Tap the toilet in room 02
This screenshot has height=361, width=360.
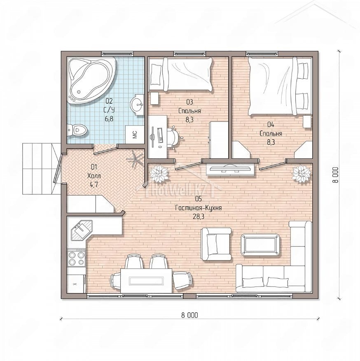(x=77, y=130)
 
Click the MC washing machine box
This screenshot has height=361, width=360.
(x=135, y=135)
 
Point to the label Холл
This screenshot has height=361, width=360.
(x=94, y=176)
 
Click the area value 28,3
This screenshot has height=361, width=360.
(x=198, y=217)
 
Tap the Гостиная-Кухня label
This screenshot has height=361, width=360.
(x=198, y=208)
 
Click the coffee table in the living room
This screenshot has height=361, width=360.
(x=260, y=245)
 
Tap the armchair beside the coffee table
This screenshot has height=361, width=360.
(x=216, y=244)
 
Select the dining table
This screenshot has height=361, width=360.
(x=147, y=281)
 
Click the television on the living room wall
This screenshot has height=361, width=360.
(x=230, y=169)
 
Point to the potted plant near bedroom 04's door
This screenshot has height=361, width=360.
(x=302, y=173)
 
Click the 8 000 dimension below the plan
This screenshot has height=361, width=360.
(x=189, y=315)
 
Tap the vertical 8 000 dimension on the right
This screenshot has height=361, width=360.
(x=335, y=175)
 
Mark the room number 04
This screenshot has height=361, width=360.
(x=271, y=125)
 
